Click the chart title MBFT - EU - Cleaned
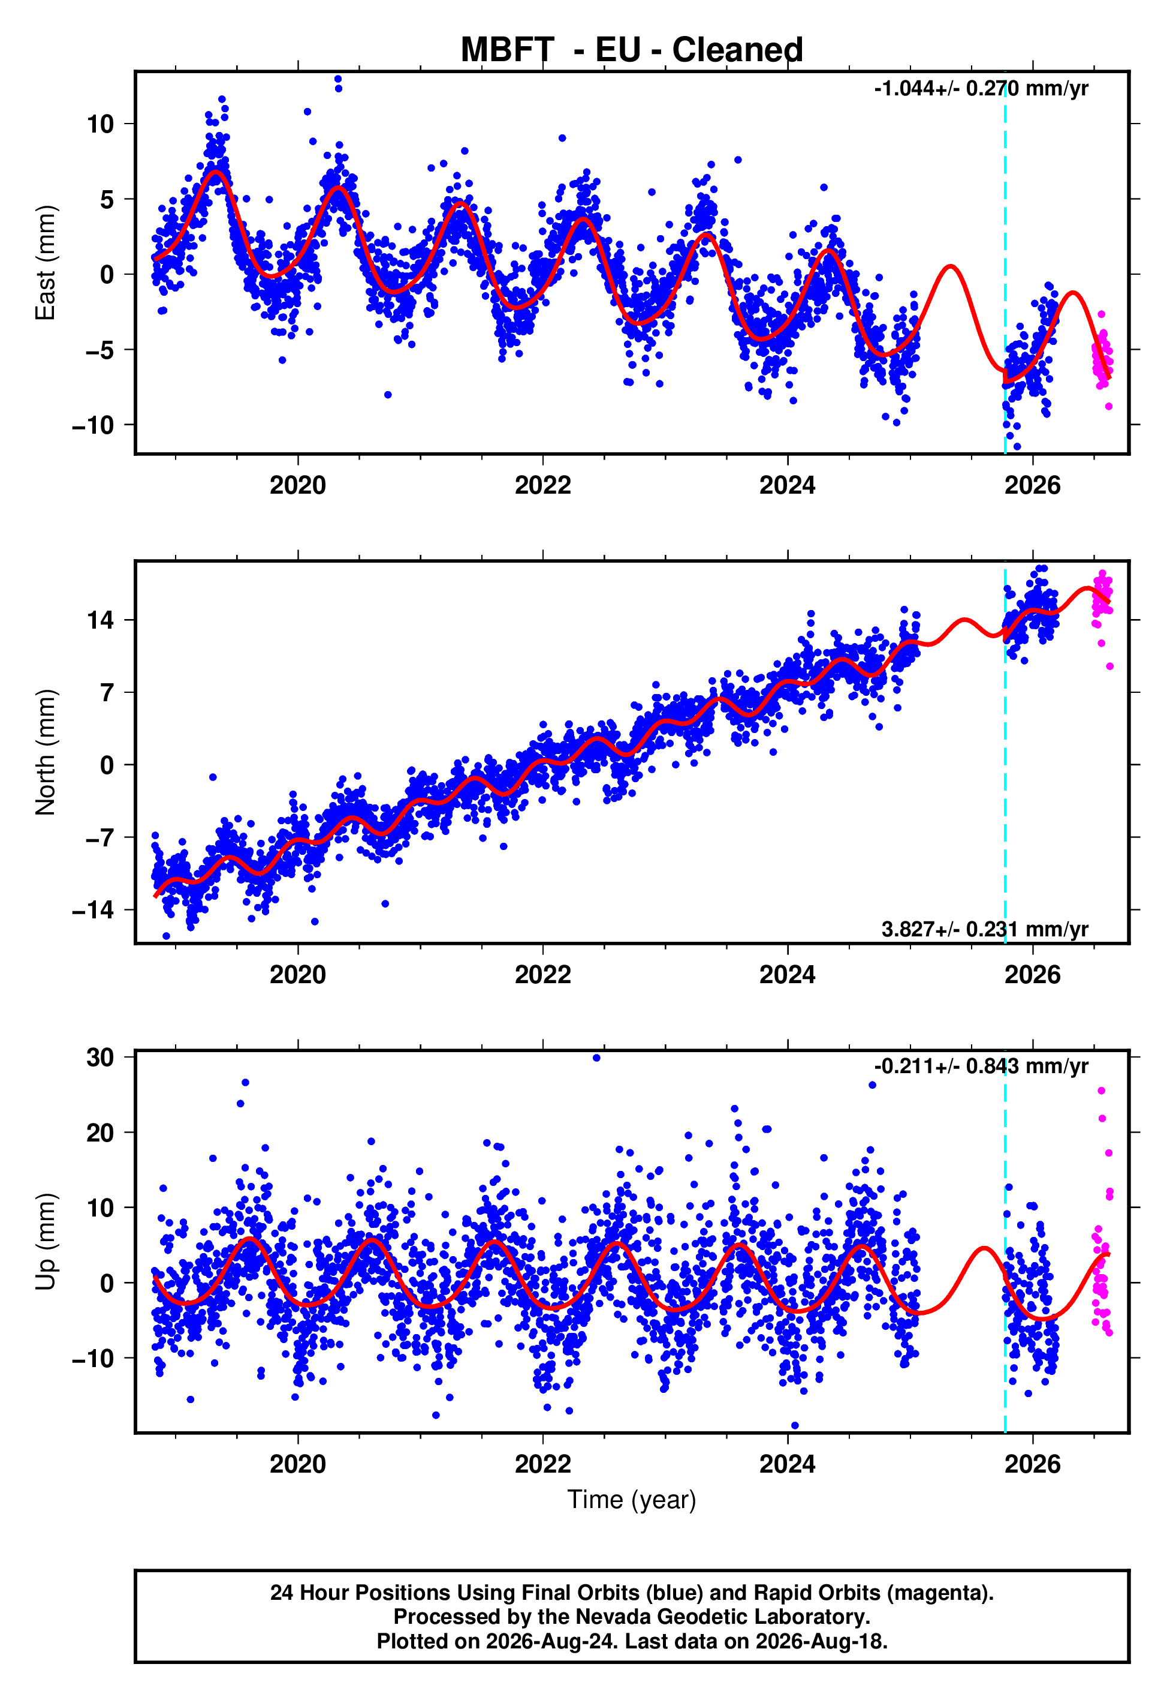point(632,50)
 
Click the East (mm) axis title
point(46,263)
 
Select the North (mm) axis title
point(46,752)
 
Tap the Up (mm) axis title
point(46,1242)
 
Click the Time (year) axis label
point(632,1500)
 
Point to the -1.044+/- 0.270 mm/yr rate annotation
point(981,89)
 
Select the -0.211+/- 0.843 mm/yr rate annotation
point(981,1066)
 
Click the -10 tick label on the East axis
point(93,425)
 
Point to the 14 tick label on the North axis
point(100,620)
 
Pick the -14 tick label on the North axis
point(93,911)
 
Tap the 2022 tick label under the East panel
point(543,485)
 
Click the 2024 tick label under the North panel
point(788,975)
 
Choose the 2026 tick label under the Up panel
point(1032,1464)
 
